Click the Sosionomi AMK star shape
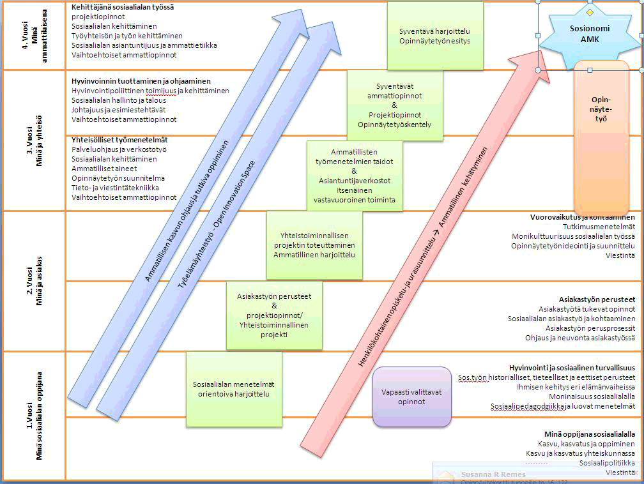click(589, 33)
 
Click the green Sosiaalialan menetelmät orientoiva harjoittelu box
click(234, 389)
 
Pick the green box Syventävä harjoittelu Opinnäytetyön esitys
click(434, 36)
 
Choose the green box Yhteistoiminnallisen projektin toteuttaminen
click(314, 245)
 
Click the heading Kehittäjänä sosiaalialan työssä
click(123, 7)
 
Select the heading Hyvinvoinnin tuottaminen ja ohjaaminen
click(141, 81)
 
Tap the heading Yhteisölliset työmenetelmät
click(119, 139)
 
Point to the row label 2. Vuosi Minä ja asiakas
click(34, 282)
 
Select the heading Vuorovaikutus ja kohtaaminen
click(582, 217)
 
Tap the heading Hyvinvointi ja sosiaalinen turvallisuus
click(572, 368)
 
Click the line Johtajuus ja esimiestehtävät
click(119, 110)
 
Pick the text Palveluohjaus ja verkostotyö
click(119, 149)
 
